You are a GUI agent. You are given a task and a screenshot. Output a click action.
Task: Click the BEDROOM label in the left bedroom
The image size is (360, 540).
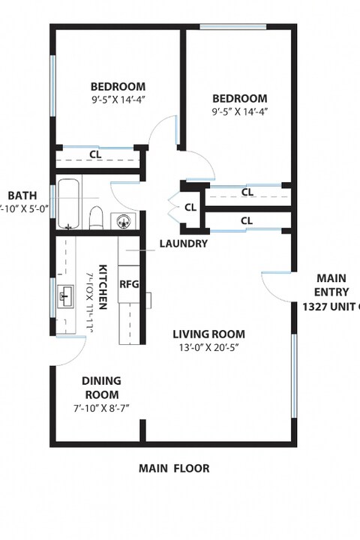click(x=118, y=86)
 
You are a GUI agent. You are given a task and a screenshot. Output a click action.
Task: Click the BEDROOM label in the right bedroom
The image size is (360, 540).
click(x=239, y=98)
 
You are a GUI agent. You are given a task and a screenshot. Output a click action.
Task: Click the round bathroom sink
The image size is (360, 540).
click(x=125, y=221)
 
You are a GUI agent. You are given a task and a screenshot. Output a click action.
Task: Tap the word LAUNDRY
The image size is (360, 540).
click(x=183, y=244)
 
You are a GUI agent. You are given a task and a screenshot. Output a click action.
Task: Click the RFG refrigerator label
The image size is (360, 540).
click(x=130, y=284)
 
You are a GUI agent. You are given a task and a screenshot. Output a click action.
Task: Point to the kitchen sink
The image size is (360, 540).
click(x=65, y=295)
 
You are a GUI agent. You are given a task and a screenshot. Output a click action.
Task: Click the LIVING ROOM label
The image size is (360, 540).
click(x=208, y=334)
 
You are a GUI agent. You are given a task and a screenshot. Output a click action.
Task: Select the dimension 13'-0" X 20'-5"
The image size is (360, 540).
click(x=208, y=348)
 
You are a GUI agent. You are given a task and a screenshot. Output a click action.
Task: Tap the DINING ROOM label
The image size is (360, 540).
click(x=101, y=387)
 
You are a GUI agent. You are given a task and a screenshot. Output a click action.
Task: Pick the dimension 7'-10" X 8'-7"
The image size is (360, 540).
click(x=101, y=408)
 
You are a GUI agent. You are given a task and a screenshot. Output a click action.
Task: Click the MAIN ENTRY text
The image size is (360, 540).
click(x=331, y=284)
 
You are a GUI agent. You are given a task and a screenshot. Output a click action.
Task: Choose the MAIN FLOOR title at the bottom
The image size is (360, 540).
click(x=174, y=469)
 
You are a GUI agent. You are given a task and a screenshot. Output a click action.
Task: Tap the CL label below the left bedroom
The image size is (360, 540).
click(x=95, y=154)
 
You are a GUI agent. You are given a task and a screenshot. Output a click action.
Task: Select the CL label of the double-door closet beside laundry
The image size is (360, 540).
click(x=190, y=207)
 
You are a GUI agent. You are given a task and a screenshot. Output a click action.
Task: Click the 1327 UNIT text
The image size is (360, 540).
click(x=331, y=307)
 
